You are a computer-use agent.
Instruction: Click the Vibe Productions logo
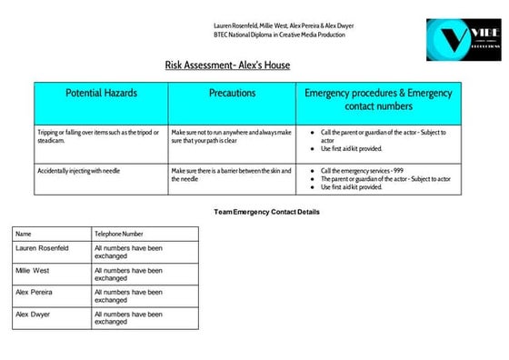462,40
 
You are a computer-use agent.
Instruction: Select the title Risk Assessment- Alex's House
227,65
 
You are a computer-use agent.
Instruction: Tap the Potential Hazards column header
101,94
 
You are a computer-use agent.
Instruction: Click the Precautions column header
232,94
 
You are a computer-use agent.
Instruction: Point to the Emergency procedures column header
378,100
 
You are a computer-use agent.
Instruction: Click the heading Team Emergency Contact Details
266,212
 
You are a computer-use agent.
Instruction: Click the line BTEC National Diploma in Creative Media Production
279,35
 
